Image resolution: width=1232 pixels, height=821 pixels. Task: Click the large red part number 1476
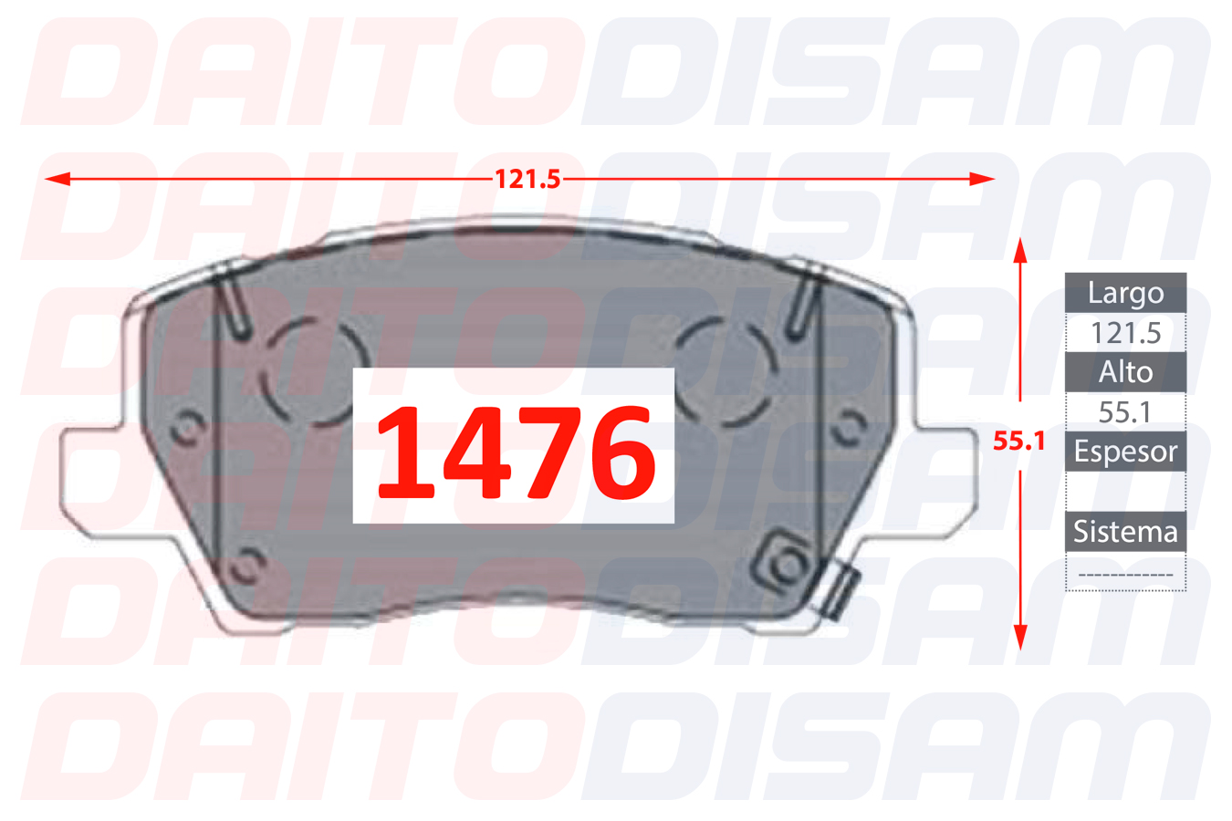point(516,452)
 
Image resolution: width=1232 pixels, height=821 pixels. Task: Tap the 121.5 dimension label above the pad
point(527,180)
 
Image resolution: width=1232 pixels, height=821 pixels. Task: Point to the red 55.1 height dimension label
point(1018,441)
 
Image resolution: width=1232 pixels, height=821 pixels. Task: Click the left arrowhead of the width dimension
point(57,179)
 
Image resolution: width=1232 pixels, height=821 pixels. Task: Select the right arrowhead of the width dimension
point(982,179)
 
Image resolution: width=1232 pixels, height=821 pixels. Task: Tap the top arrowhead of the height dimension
point(1020,251)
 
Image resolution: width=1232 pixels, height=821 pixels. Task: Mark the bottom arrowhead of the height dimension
point(1020,638)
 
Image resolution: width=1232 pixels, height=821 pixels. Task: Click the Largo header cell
point(1126,293)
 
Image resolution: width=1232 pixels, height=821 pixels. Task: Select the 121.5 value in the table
point(1126,333)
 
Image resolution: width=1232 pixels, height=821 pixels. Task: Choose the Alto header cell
point(1126,372)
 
